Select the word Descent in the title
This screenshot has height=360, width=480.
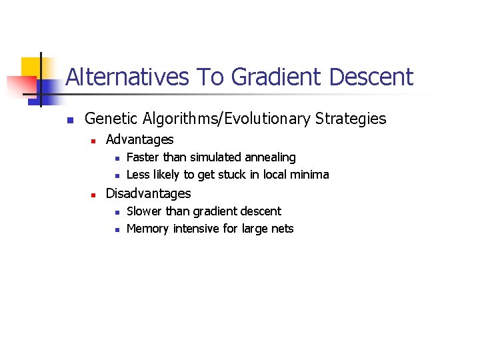click(x=371, y=77)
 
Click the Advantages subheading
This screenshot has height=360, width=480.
click(x=139, y=140)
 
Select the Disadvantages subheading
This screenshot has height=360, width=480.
click(x=148, y=194)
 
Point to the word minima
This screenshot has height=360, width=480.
click(x=309, y=175)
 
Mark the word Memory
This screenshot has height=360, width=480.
click(x=147, y=229)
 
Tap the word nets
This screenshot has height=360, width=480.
click(x=282, y=229)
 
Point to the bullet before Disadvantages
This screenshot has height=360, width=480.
click(x=94, y=195)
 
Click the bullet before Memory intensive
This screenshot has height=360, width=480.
click(x=116, y=229)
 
